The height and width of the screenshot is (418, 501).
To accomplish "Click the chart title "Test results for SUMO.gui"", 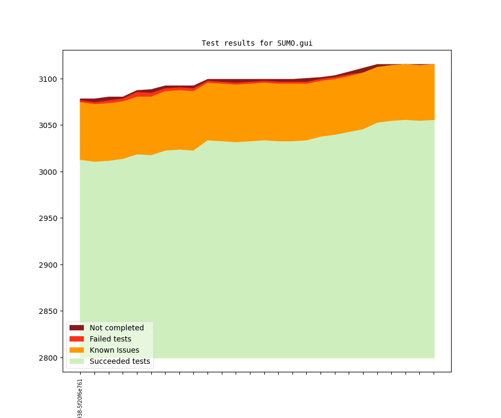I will (x=257, y=43).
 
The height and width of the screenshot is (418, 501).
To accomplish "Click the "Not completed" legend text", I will (x=117, y=328).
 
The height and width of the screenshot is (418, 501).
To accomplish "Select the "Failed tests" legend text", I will (x=110, y=339).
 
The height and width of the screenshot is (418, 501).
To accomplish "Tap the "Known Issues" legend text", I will (x=114, y=350).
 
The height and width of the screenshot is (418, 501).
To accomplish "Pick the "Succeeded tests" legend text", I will (x=120, y=362).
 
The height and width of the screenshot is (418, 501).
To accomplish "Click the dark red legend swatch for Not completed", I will (x=76, y=328).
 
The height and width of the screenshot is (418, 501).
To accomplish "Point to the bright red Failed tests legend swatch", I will (x=76, y=339).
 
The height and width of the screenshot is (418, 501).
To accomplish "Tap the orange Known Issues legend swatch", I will (x=76, y=350).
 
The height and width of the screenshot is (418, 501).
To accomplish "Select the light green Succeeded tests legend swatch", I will (x=76, y=362).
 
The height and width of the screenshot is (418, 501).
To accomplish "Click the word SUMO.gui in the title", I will (x=295, y=43).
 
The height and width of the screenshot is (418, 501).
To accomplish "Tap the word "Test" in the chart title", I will (x=210, y=43).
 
